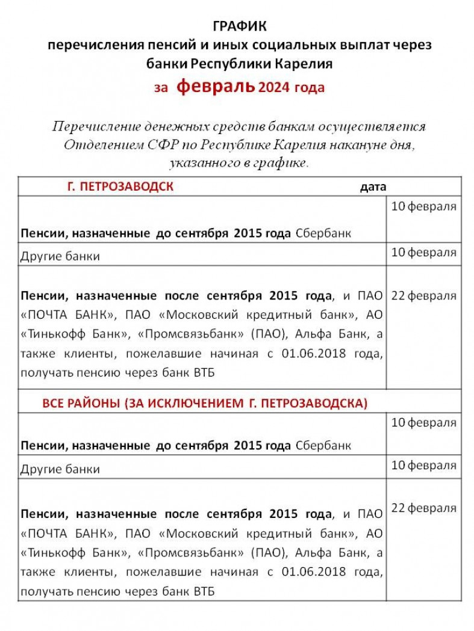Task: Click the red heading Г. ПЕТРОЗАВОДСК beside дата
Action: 120,186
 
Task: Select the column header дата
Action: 373,187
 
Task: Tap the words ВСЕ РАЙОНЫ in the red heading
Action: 83,402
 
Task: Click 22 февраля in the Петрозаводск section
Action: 423,296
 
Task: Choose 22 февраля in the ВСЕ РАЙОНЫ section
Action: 423,508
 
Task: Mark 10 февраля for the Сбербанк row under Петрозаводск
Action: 423,207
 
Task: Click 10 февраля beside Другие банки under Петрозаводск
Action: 423,251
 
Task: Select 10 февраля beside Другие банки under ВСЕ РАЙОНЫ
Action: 423,465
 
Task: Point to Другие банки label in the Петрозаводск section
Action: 60,256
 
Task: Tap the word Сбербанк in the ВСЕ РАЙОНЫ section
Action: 323,446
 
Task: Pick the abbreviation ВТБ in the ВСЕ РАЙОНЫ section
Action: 202,591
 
